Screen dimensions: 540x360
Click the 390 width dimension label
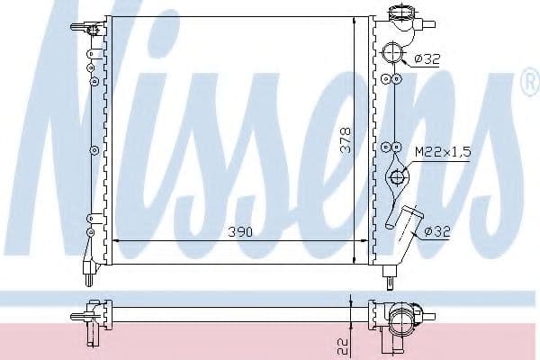240,232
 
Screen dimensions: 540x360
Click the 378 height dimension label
345,140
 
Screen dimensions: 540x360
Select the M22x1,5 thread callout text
443,151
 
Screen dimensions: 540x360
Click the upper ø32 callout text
427,59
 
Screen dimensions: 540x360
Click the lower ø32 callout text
437,231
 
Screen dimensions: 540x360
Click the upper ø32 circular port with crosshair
392,52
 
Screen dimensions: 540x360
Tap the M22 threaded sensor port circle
397,177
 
